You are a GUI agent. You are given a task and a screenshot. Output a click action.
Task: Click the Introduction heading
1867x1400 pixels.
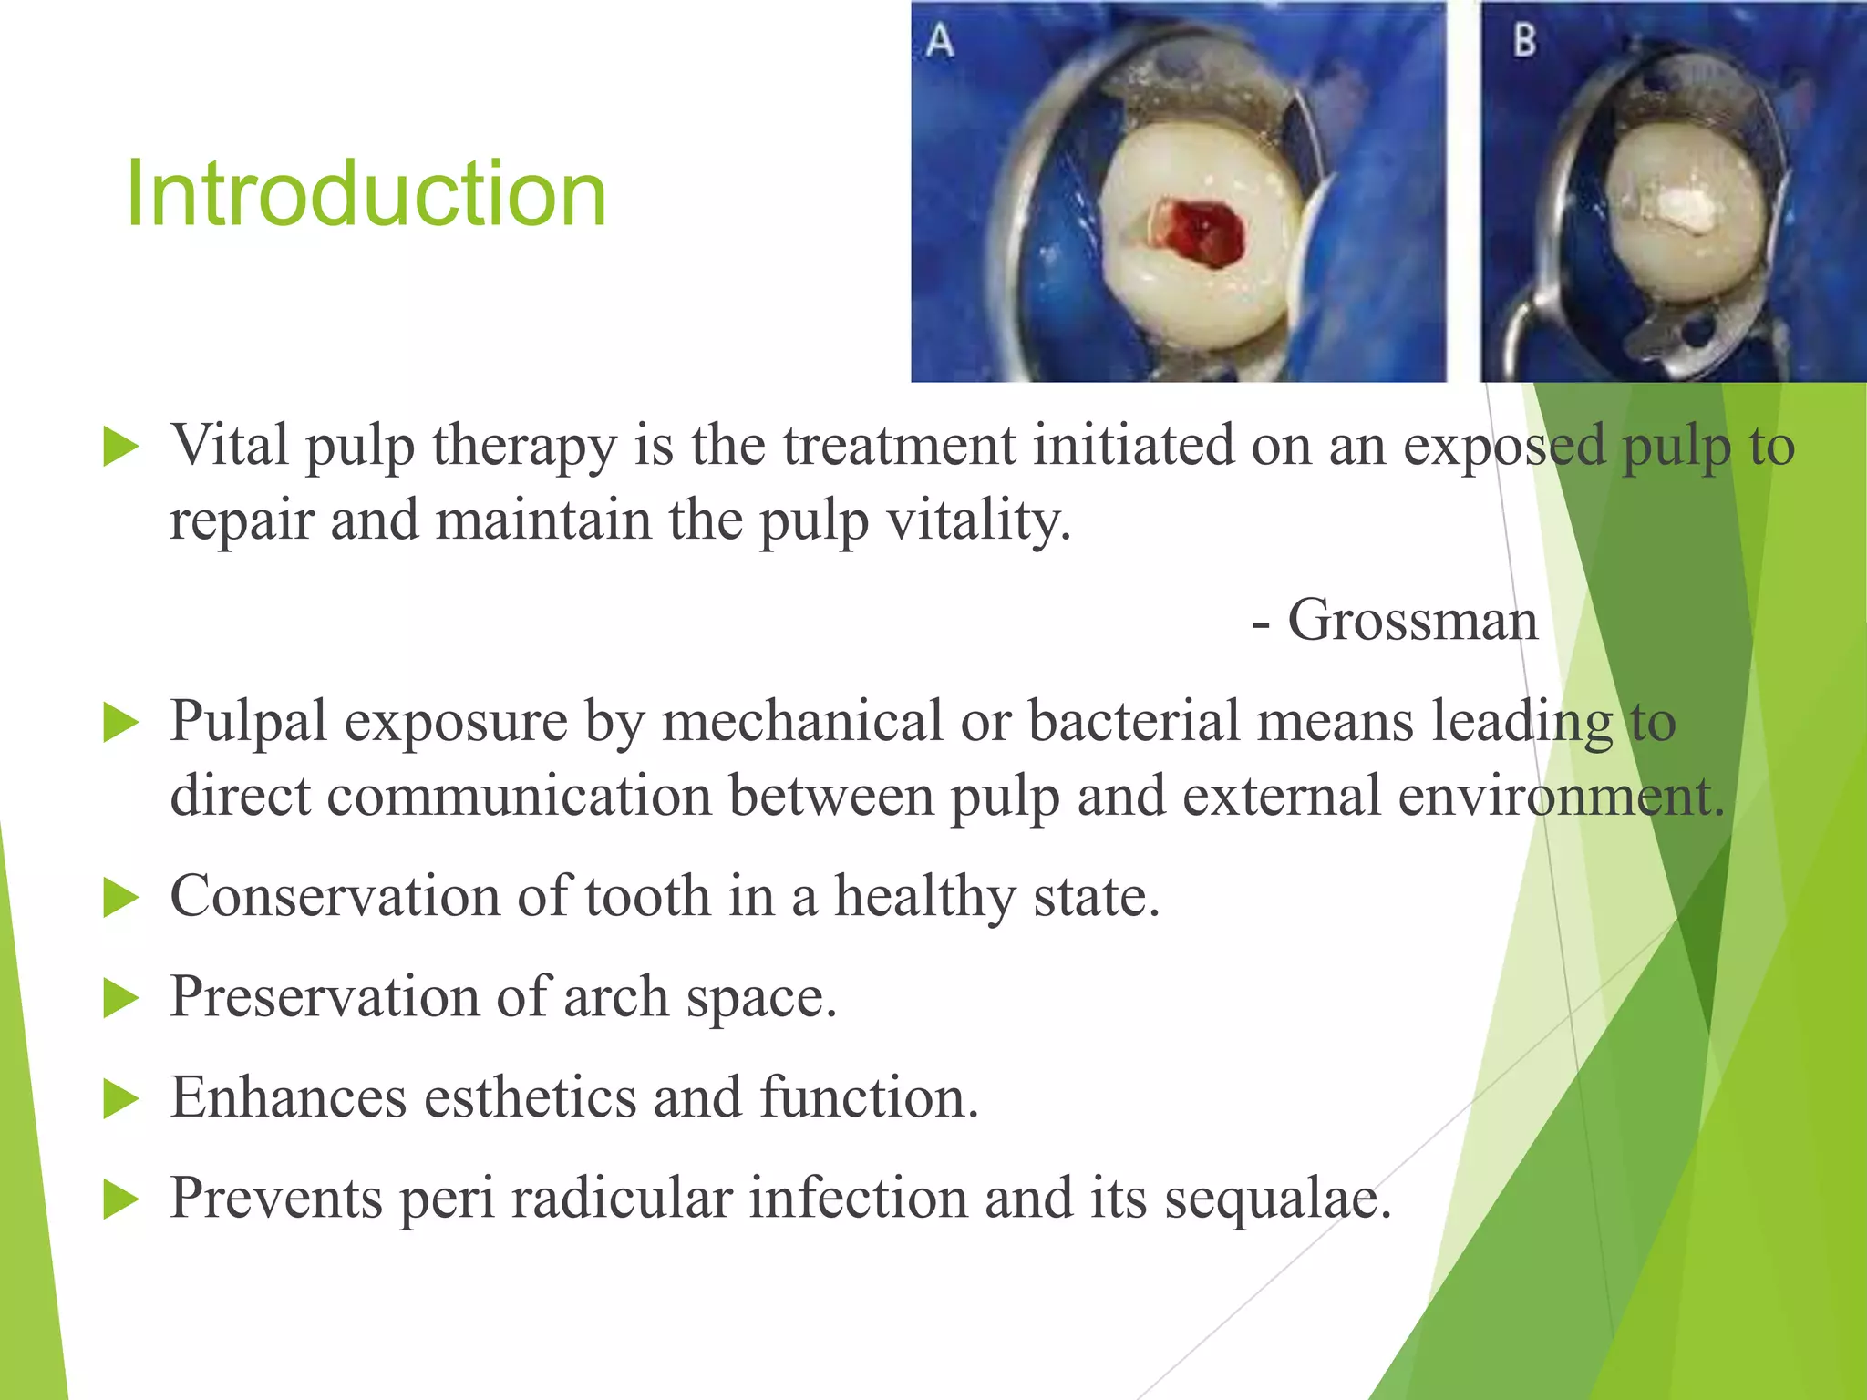(366, 193)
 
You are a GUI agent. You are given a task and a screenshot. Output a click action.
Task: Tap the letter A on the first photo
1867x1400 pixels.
(940, 41)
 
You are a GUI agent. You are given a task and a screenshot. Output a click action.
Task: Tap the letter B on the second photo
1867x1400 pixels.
(1524, 40)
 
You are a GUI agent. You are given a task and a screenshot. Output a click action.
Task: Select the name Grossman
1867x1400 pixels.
(1412, 621)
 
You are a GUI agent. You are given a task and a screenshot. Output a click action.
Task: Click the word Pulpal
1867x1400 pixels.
(248, 722)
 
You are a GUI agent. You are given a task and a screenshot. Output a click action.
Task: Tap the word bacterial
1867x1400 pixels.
(1133, 722)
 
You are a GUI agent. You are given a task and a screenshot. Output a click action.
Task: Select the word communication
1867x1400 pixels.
(518, 796)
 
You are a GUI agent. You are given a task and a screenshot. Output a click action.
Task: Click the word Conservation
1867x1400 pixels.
(335, 896)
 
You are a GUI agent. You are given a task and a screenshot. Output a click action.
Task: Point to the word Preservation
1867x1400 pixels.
(324, 996)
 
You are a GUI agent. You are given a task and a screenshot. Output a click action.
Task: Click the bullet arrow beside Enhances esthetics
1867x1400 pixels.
(120, 1098)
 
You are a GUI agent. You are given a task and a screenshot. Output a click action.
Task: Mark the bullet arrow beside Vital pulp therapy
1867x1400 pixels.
(120, 447)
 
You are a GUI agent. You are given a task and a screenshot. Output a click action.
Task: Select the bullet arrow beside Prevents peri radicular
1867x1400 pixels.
(120, 1199)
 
